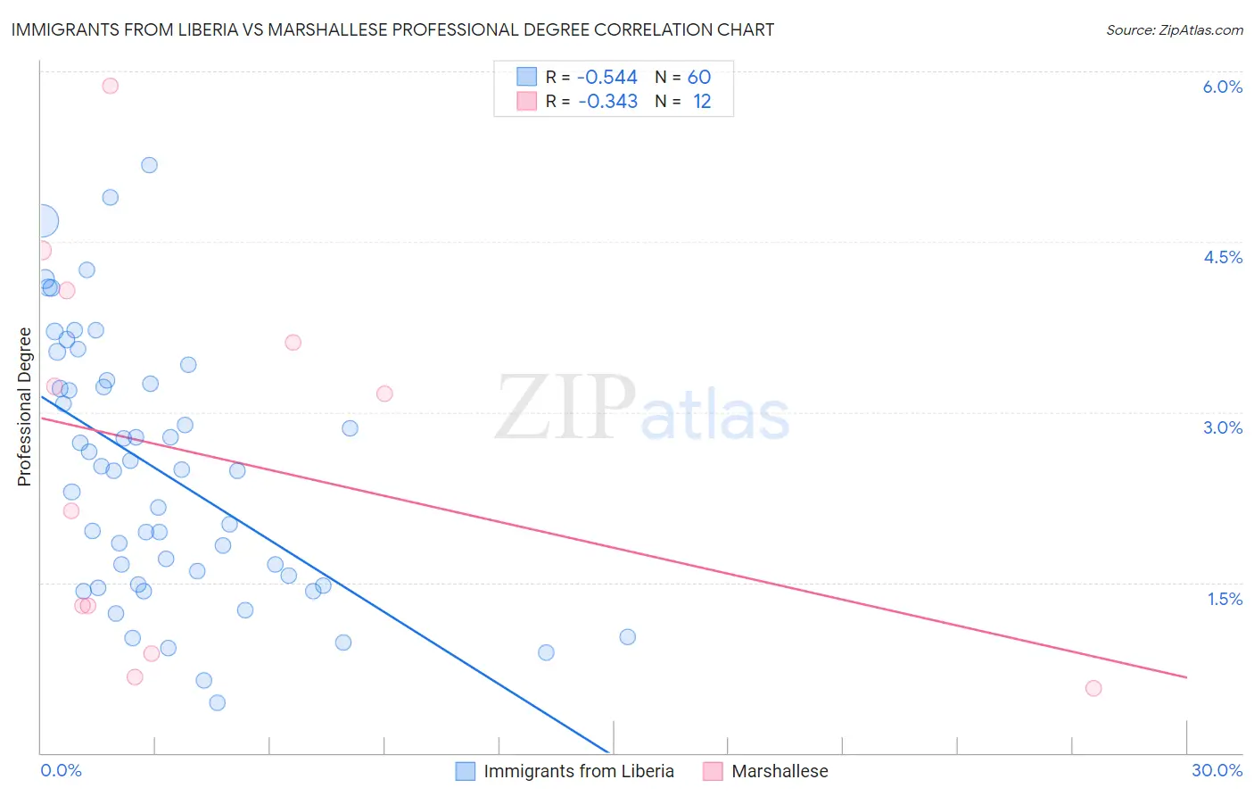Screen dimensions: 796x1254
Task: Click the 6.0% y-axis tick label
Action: (x=1222, y=87)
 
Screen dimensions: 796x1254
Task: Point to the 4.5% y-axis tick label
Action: (x=1222, y=257)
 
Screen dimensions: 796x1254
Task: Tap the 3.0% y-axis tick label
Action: (x=1222, y=427)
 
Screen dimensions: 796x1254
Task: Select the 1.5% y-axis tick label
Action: (x=1225, y=599)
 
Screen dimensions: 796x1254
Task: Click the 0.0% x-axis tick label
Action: (x=61, y=770)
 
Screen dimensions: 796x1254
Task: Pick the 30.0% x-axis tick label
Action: (x=1217, y=770)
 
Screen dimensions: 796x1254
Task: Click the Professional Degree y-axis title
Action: (x=24, y=407)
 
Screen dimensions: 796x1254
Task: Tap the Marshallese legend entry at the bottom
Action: (x=779, y=771)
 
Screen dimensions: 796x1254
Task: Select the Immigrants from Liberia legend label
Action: (x=578, y=771)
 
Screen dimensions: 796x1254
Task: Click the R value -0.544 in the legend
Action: (x=607, y=78)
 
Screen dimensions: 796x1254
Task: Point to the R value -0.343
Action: (x=607, y=102)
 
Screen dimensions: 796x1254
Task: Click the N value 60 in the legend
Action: (x=698, y=78)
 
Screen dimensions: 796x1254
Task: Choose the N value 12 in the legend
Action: (x=702, y=102)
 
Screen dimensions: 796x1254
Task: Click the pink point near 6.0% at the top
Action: (x=111, y=86)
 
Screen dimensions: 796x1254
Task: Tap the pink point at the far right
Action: (x=1093, y=688)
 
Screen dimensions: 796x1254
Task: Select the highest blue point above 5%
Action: (x=150, y=165)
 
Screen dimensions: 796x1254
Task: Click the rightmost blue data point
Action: (x=628, y=637)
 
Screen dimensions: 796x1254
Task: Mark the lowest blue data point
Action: (x=218, y=702)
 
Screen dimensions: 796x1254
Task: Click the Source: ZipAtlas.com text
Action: (x=1174, y=30)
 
